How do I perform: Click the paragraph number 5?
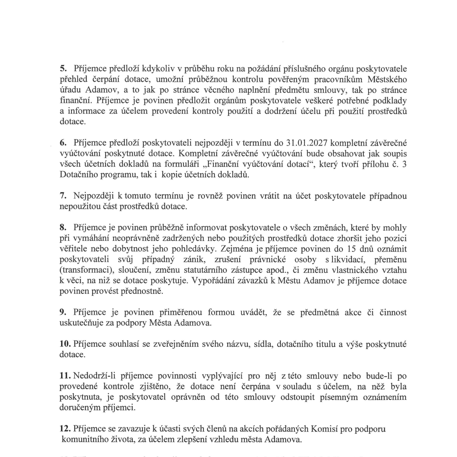click(x=63, y=69)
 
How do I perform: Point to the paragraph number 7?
click(x=63, y=196)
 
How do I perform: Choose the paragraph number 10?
click(x=65, y=345)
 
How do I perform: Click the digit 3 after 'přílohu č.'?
click(x=404, y=164)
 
